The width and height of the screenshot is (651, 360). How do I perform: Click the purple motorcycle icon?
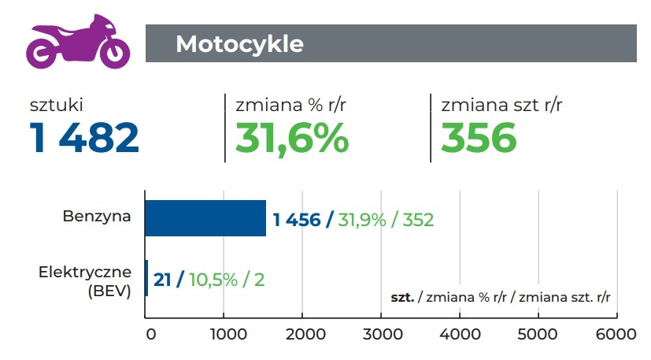click(77, 43)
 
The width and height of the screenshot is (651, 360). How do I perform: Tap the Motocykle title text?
click(239, 43)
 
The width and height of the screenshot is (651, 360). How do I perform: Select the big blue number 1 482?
click(84, 138)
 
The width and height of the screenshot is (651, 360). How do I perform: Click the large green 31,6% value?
click(292, 138)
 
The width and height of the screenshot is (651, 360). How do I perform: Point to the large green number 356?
click(479, 138)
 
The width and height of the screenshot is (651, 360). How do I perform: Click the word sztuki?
click(56, 104)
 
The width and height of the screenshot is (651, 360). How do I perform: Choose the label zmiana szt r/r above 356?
click(501, 104)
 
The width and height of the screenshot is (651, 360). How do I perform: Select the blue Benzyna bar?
click(205, 218)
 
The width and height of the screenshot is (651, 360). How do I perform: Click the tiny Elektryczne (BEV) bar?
click(146, 278)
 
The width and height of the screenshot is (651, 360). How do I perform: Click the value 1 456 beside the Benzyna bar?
click(297, 220)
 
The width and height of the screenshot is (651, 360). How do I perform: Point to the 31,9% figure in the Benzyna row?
click(363, 220)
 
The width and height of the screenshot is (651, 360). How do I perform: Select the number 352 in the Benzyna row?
click(418, 220)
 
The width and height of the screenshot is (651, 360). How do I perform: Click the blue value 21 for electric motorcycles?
click(162, 279)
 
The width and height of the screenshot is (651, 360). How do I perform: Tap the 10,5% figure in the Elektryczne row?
click(215, 279)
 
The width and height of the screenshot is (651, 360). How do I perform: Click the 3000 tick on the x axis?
click(381, 334)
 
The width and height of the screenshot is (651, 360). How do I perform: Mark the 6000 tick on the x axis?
click(616, 334)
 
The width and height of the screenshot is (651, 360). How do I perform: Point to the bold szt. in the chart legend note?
click(402, 297)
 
